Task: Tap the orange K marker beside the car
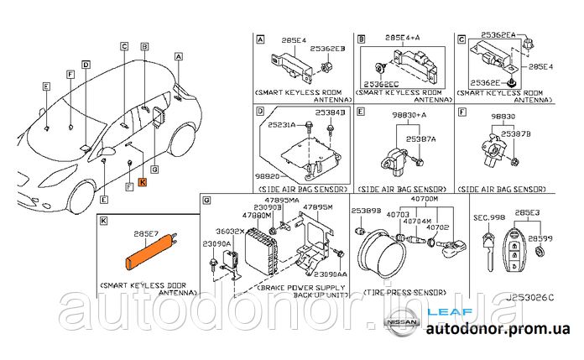coord(142,181)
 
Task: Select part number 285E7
coord(145,236)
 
